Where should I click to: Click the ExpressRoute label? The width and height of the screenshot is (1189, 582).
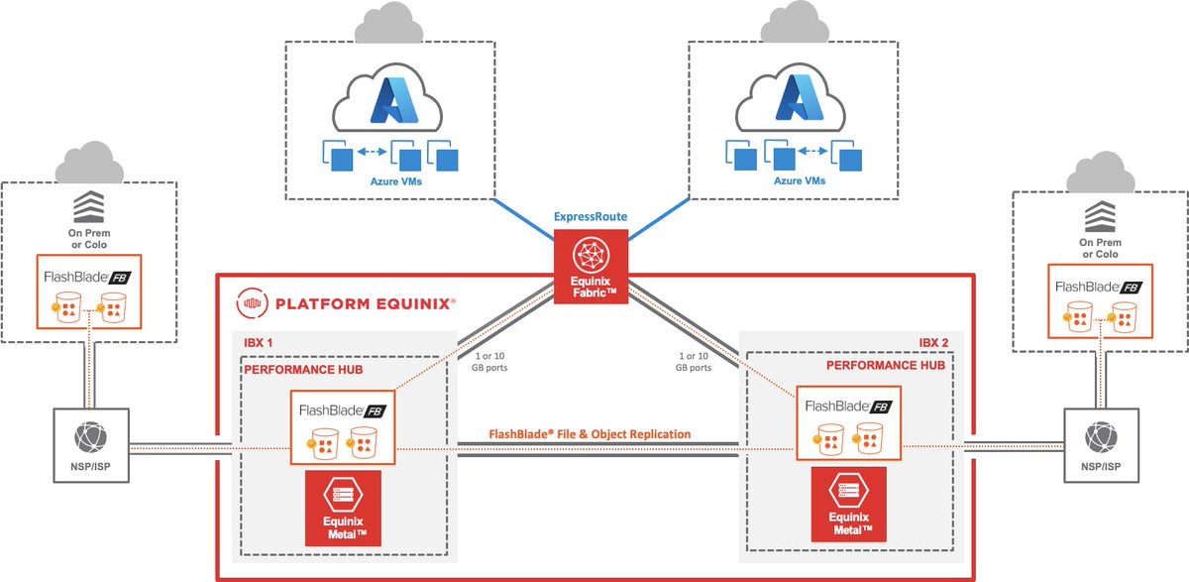pos(591,217)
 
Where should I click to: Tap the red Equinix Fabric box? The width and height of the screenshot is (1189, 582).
pos(591,267)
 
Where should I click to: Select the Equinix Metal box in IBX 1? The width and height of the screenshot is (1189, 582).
pos(343,509)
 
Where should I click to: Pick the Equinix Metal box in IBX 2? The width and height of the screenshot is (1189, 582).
pos(849,505)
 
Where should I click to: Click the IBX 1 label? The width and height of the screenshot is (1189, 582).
pos(258,342)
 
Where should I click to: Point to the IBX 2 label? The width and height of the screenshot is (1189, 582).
pos(933,342)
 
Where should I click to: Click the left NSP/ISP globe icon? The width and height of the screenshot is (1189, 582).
pos(90,437)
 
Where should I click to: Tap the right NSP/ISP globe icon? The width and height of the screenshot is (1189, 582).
pos(1101,437)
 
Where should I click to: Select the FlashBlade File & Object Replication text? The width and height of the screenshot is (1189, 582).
pos(590,434)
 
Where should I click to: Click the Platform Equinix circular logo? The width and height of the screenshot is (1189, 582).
pos(252,303)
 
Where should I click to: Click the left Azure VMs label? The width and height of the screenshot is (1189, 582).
pos(396,181)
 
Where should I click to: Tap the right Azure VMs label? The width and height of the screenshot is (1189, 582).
pos(800,181)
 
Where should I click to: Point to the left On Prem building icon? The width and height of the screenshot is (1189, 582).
pos(88,206)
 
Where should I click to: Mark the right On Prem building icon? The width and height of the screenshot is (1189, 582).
pos(1100,216)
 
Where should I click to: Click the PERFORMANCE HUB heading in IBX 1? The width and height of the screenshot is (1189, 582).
pos(303,370)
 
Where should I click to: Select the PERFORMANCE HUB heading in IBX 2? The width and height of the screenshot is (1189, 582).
pos(886,365)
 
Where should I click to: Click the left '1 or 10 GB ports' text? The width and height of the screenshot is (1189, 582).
pos(489,362)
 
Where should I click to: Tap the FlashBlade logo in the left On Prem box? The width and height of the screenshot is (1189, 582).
pos(87,278)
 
